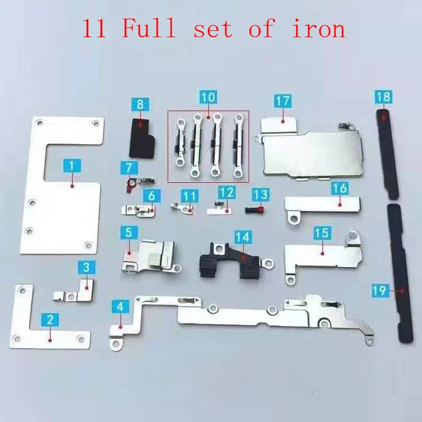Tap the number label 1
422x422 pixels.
coord(71,165)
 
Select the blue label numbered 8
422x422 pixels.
coord(140,104)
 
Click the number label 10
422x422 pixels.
coord(208,98)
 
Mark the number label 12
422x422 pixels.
coord(226,193)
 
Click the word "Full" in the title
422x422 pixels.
coord(149,28)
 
